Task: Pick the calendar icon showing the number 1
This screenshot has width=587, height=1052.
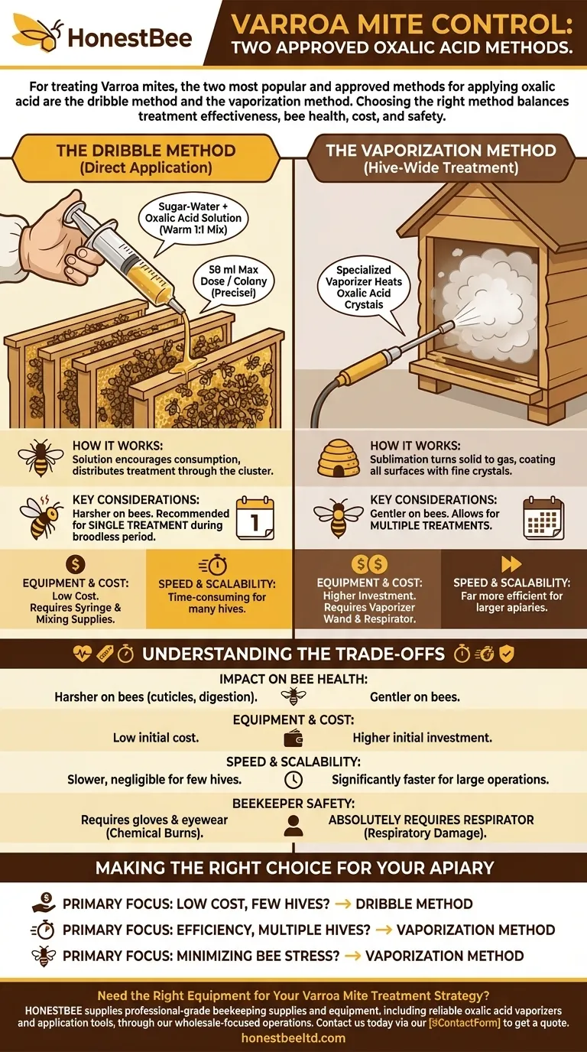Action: point(255,517)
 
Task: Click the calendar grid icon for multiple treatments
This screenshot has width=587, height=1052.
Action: point(543,519)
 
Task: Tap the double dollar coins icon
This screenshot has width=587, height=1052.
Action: point(370,564)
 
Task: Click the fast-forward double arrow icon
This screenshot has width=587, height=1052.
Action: point(511,564)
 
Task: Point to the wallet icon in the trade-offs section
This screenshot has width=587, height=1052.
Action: point(293,739)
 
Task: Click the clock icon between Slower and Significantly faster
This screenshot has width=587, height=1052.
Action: point(293,781)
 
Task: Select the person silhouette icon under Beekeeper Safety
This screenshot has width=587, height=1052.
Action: point(293,826)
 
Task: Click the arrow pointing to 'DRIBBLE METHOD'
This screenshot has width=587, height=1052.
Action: point(342,904)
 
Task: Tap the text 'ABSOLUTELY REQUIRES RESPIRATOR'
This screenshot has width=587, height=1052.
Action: point(431,820)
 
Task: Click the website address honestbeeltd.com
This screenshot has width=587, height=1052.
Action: point(293,1037)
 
